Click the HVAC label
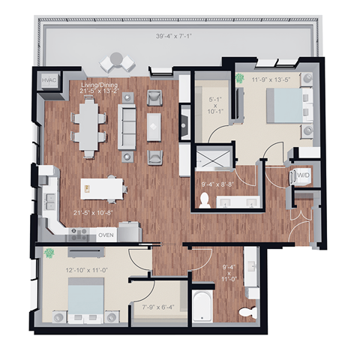click(50, 80)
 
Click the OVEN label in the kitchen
click(106, 235)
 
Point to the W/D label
click(304, 176)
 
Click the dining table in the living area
click(89, 125)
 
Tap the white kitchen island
click(101, 187)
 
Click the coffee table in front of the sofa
click(154, 124)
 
